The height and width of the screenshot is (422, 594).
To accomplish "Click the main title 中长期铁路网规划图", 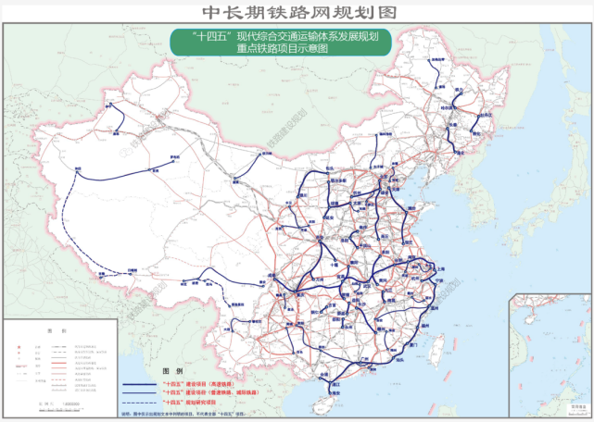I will (297, 12).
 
